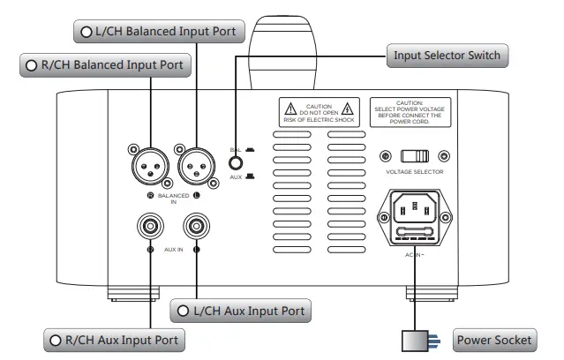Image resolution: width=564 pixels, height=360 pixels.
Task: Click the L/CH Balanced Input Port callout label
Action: point(160,32)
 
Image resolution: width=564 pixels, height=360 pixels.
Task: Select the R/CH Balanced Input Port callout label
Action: point(105,65)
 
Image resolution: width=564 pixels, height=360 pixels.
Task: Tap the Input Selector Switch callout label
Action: point(447,56)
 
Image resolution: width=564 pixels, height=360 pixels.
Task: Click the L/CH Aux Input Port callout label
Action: point(241,311)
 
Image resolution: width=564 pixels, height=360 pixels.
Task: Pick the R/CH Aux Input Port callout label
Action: point(115,341)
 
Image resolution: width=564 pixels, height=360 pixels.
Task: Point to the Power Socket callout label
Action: point(494,341)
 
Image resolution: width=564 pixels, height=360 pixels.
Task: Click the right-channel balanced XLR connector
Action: point(150,167)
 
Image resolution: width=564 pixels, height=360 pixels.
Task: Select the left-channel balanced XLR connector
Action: point(197,167)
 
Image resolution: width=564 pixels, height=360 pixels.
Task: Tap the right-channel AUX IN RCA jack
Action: point(150,226)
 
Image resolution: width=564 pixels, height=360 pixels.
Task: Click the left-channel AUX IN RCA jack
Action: point(197,226)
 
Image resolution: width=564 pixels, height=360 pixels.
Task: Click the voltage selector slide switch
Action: point(415,156)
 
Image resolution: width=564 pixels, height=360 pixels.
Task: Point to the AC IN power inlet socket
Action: point(415,218)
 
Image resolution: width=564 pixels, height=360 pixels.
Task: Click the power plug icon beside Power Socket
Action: point(421,341)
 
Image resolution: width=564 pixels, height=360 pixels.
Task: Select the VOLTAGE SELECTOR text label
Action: point(415,172)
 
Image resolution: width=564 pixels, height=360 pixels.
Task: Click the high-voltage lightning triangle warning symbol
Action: point(348,109)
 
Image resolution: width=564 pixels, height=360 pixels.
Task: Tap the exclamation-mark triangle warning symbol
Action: point(290,109)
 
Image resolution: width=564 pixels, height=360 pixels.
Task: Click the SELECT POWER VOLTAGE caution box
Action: point(410,112)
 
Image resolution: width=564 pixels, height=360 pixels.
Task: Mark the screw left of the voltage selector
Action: point(386,156)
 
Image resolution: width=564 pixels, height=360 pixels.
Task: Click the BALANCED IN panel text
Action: point(173,199)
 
